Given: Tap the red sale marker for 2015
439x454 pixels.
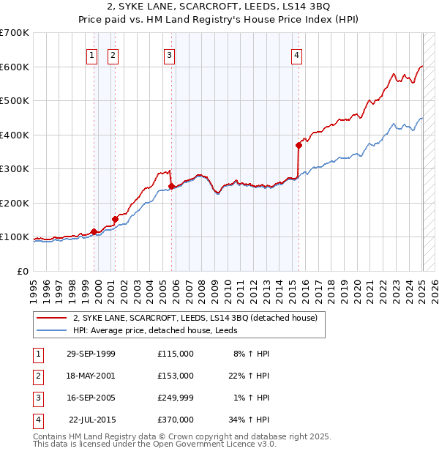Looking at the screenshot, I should (x=299, y=145).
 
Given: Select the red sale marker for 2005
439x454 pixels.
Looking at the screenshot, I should (x=171, y=186).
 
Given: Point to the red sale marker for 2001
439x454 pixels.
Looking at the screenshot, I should (x=115, y=219).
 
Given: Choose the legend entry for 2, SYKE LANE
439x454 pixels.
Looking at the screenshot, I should (x=194, y=318).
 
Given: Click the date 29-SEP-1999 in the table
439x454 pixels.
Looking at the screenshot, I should (x=91, y=354).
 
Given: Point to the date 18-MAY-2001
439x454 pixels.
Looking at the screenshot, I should (x=91, y=376).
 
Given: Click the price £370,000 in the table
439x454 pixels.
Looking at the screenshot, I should (x=176, y=420).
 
